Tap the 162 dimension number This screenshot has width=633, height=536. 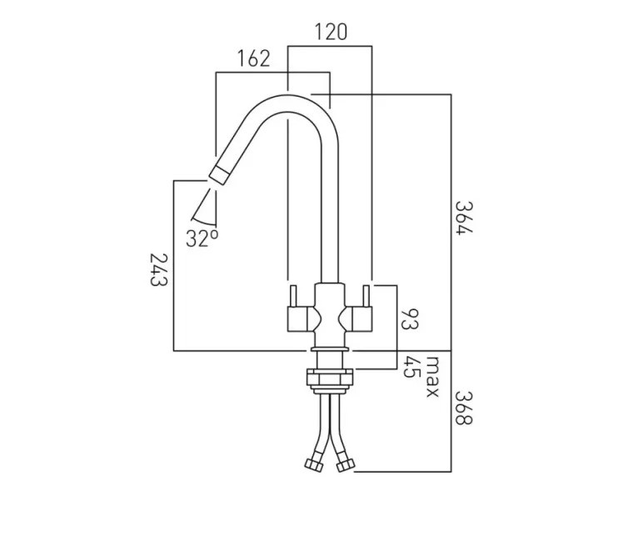tap(253, 58)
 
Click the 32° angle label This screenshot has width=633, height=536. tap(202, 238)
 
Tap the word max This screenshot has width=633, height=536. tap(432, 377)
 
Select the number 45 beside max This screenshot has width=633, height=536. tap(410, 367)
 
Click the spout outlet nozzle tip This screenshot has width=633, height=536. tap(220, 173)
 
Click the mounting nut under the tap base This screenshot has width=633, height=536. tap(330, 378)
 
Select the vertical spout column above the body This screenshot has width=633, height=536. tap(330, 217)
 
